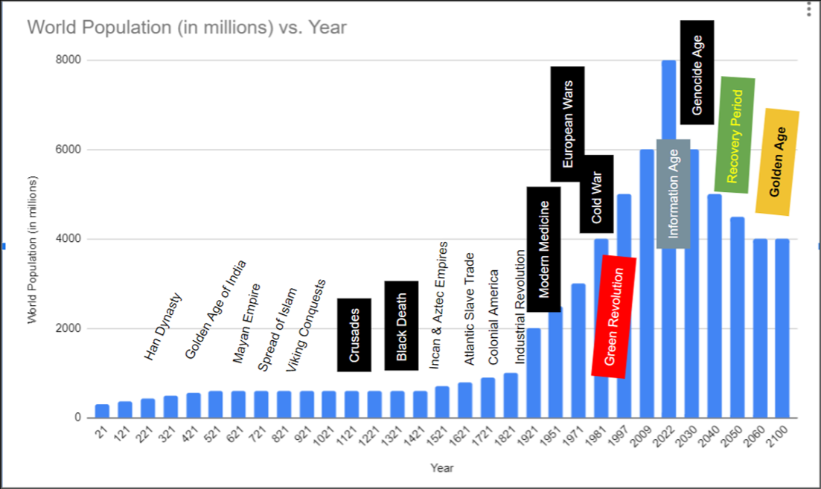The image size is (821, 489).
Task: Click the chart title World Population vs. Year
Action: (x=187, y=28)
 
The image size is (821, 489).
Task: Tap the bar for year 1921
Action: (x=534, y=372)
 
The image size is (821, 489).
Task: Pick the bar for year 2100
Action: (x=782, y=327)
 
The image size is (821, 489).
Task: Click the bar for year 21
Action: (x=102, y=411)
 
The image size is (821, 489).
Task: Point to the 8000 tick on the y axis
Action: (x=69, y=60)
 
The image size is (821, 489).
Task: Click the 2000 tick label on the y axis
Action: (x=69, y=328)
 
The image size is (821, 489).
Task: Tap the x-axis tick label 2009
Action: (x=644, y=435)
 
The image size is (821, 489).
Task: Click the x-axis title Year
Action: (x=441, y=468)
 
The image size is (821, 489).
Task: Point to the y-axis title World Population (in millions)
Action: (x=33, y=250)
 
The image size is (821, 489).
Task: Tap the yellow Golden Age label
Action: (x=777, y=162)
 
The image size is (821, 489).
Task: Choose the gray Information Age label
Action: (x=674, y=194)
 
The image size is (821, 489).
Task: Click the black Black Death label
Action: (x=401, y=325)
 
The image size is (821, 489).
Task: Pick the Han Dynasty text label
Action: (x=163, y=326)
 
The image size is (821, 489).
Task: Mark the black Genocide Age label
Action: (x=697, y=72)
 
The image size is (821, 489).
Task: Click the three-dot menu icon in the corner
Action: (x=809, y=10)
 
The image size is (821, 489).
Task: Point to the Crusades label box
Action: (x=354, y=334)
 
